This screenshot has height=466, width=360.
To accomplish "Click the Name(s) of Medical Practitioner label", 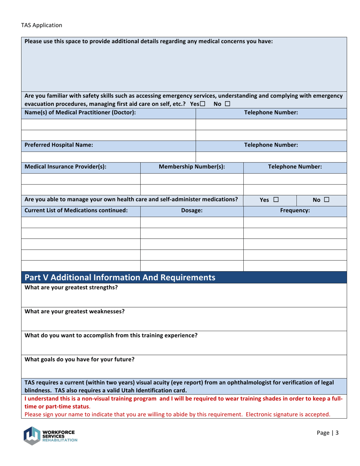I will (80, 113).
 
